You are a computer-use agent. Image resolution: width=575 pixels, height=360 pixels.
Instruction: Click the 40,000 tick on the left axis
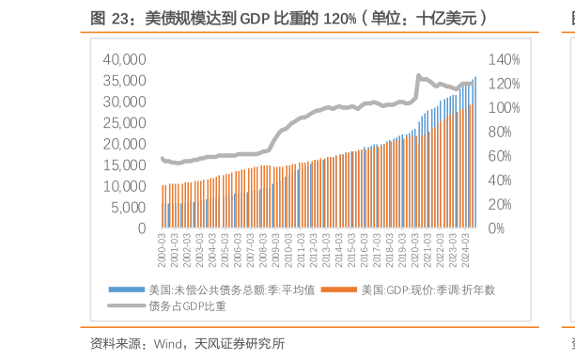tap(125, 59)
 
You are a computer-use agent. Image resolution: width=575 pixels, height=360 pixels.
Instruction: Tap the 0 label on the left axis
tap(141, 228)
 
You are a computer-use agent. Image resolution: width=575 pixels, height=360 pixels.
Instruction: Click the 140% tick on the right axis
tap(504, 59)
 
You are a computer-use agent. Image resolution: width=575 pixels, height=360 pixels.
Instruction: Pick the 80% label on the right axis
tap(501, 132)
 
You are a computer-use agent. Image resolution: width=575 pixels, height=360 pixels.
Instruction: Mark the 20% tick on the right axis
tap(501, 204)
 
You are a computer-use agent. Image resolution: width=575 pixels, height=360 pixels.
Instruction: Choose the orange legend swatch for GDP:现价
tap(334, 290)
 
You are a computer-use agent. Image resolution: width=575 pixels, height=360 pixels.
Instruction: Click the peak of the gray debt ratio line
tap(418, 75)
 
